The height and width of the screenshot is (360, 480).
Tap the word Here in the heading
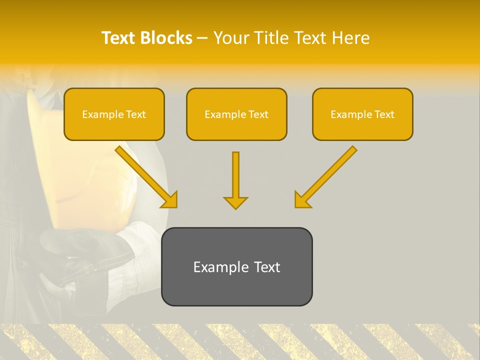349,38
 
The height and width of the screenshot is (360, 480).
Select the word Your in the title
231,38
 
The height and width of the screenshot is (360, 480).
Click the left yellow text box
114,114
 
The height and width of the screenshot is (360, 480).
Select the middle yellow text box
236,114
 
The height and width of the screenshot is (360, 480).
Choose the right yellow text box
362,114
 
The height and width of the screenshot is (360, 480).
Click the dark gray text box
236,266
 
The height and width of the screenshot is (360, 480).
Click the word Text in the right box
384,114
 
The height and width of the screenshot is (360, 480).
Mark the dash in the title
202,38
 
